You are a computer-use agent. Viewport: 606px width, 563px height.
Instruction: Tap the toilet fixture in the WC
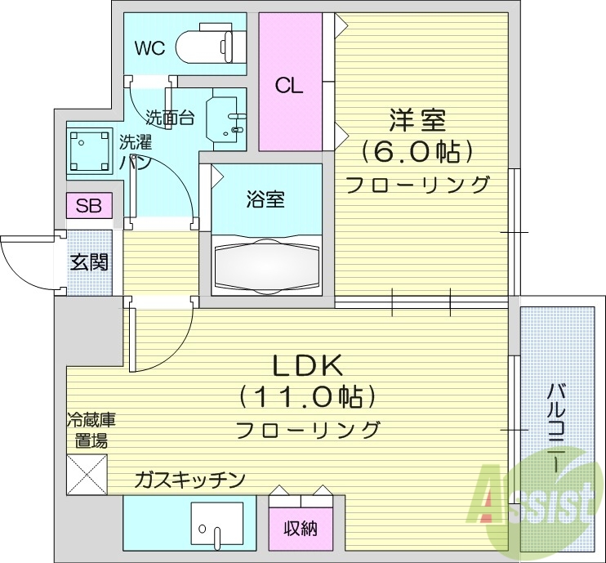pos(210,43)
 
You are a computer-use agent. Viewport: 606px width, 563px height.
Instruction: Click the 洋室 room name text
pos(417,120)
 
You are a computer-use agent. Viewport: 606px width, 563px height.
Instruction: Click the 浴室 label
pos(265,199)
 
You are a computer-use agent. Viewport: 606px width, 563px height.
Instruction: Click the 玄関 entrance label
pos(90,262)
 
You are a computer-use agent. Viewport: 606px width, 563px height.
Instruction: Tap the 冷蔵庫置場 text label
pos(91,431)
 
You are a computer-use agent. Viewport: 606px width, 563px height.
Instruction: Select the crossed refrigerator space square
pos(87,475)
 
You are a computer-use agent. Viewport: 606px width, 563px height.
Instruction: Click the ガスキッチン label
pos(189,480)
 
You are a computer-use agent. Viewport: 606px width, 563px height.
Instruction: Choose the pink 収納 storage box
pos(300,528)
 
